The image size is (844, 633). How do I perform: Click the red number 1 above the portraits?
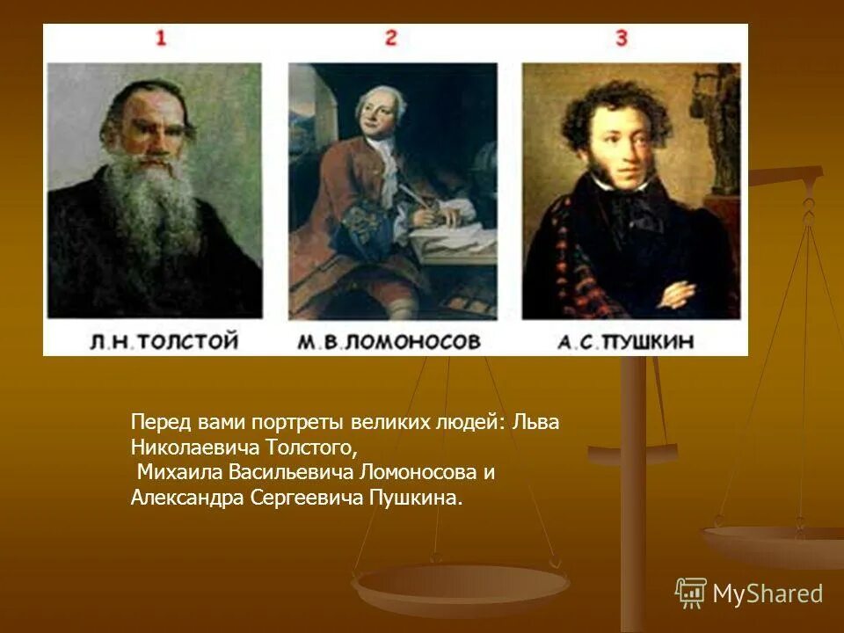tap(161, 38)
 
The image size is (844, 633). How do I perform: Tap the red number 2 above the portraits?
tap(391, 38)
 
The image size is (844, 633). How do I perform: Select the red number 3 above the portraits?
tap(621, 38)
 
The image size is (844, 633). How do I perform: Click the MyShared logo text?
tap(768, 593)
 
